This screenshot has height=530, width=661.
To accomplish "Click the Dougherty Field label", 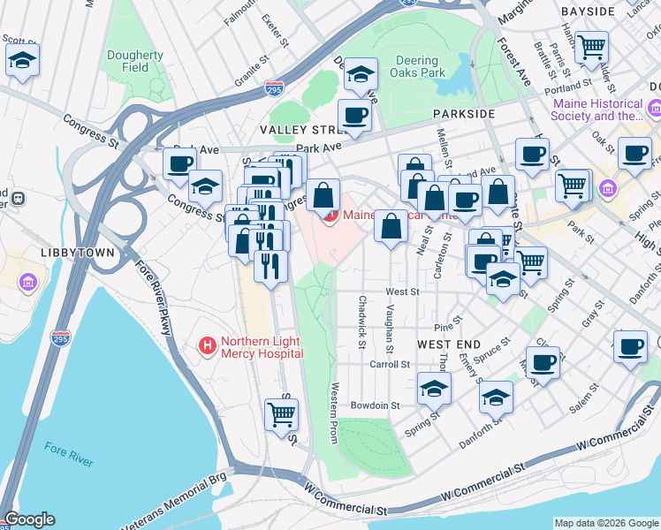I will click(135, 61).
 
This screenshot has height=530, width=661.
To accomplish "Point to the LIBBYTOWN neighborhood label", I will click(77, 253).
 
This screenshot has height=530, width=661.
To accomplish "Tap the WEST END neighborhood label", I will click(448, 344).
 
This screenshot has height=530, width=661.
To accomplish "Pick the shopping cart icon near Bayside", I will click(591, 46).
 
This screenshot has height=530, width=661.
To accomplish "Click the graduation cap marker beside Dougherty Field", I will click(22, 61).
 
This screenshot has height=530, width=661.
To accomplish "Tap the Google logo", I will click(29, 519).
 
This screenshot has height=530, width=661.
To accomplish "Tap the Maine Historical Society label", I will click(597, 110).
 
